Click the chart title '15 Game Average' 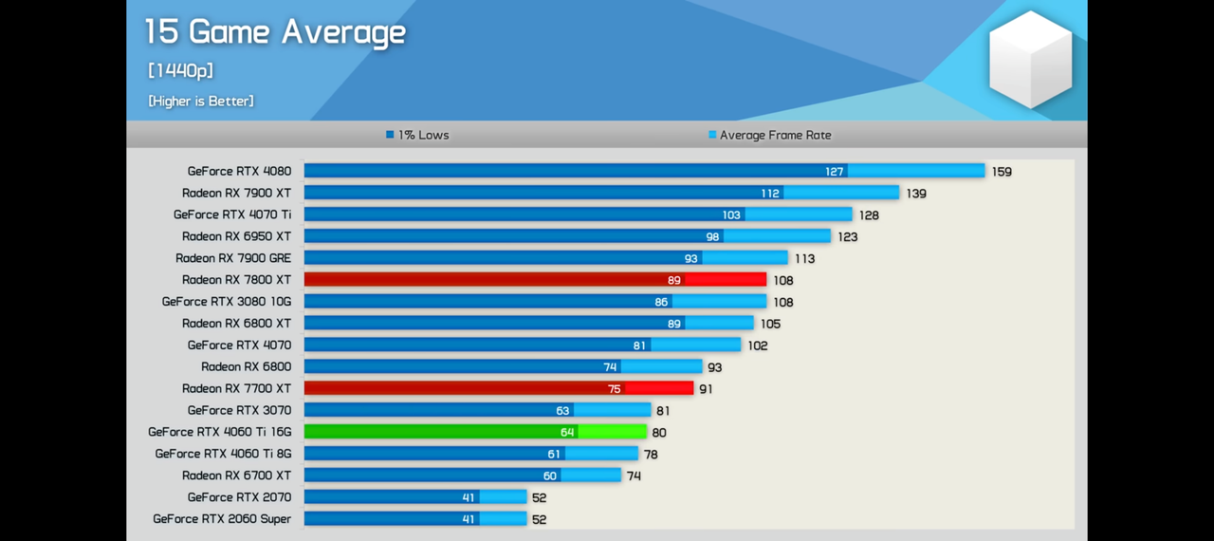tap(275, 32)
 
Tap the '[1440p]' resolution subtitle tap(180, 70)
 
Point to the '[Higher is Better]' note tap(201, 101)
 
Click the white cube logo tap(1030, 59)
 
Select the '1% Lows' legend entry tap(417, 135)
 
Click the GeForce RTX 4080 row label tap(239, 171)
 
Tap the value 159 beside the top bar tap(1002, 172)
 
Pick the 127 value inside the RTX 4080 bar tap(834, 172)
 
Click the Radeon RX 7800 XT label tap(236, 280)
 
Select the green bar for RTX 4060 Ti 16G tap(474, 432)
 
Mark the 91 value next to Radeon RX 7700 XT tap(706, 389)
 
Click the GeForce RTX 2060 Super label tap(222, 519)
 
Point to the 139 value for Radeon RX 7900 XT tap(915, 194)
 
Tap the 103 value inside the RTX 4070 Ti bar tap(730, 215)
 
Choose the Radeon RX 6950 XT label tap(236, 236)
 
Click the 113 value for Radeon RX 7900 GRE tap(804, 258)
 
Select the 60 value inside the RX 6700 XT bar tap(550, 476)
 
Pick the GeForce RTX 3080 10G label tap(226, 302)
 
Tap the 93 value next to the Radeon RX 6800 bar tap(714, 367)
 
